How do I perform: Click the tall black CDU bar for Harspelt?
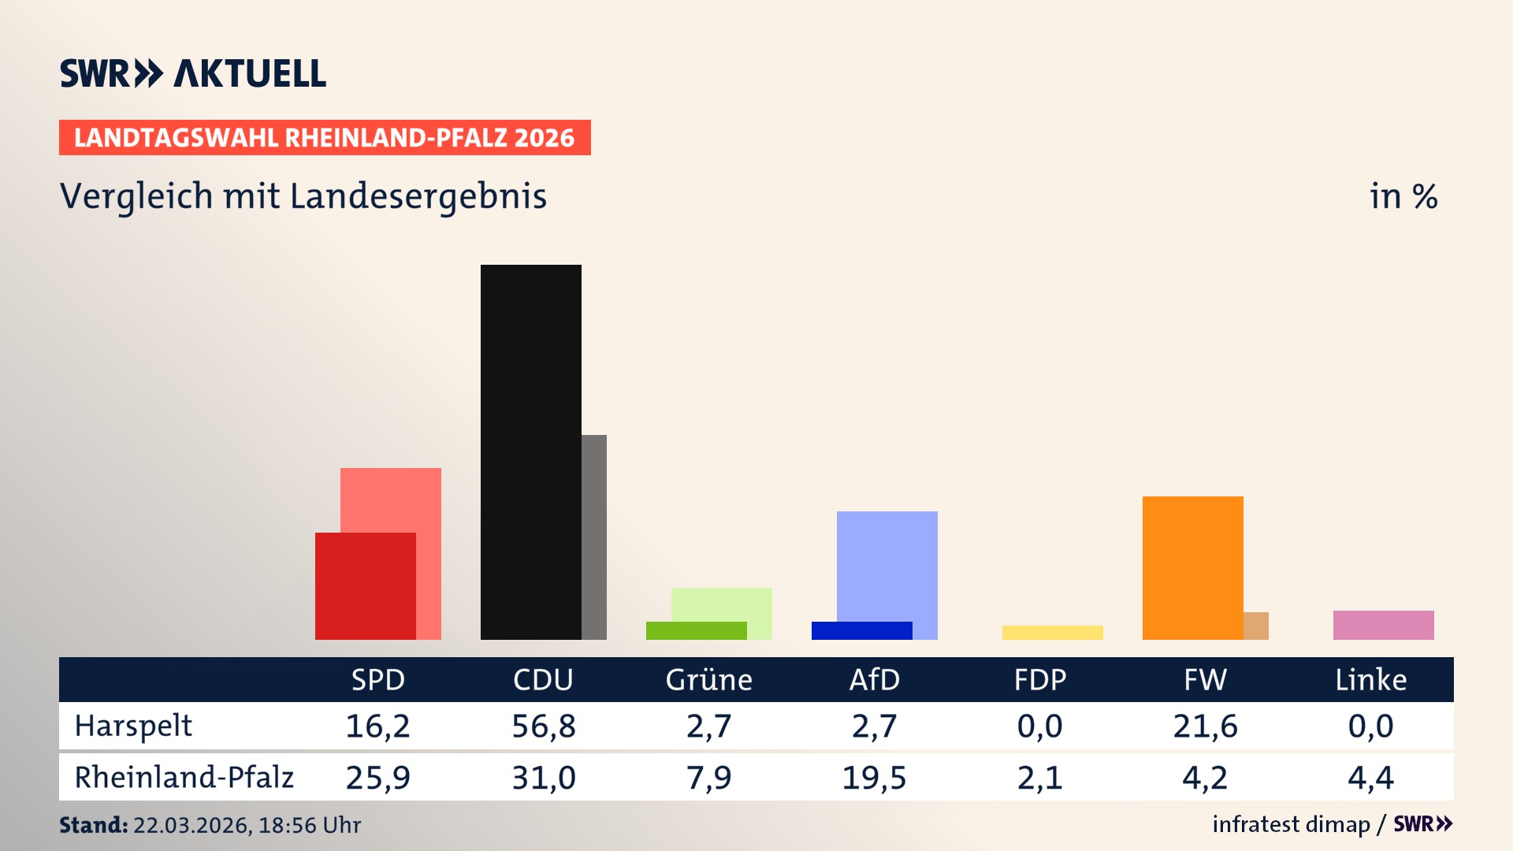point(530,452)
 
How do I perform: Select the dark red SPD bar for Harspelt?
point(365,585)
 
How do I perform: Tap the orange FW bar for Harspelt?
point(1192,567)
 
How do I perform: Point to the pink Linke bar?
point(1383,625)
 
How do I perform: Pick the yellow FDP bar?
point(1052,632)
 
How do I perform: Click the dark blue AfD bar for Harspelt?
point(861,630)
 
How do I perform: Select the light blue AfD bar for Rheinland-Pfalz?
point(887,565)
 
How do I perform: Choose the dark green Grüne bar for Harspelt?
point(696,630)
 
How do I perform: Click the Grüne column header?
point(708,679)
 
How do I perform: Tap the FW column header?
point(1205,679)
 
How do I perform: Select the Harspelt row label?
point(133,726)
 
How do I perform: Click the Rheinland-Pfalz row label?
point(184,777)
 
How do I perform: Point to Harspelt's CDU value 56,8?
point(543,726)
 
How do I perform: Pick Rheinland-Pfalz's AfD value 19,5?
point(874,778)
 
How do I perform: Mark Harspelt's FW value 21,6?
point(1205,726)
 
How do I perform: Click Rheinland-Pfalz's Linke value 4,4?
point(1370,778)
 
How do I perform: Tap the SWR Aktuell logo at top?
point(193,73)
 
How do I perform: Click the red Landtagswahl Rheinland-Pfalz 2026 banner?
point(325,138)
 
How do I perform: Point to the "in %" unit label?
point(1403,196)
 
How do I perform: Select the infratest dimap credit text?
point(1291,824)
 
